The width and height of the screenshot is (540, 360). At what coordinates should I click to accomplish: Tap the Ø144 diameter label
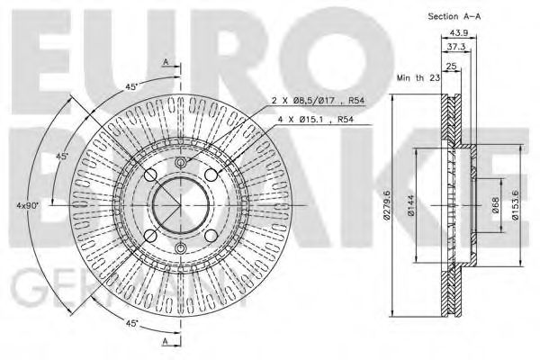410,207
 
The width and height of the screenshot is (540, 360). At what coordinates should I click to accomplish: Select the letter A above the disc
166,61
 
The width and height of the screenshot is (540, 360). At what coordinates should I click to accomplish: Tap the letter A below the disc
166,343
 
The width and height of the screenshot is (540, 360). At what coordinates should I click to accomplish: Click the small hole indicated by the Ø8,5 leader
179,163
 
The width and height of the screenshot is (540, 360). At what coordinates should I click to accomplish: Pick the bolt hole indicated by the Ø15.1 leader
212,175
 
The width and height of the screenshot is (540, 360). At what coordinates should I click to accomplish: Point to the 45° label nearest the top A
130,87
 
